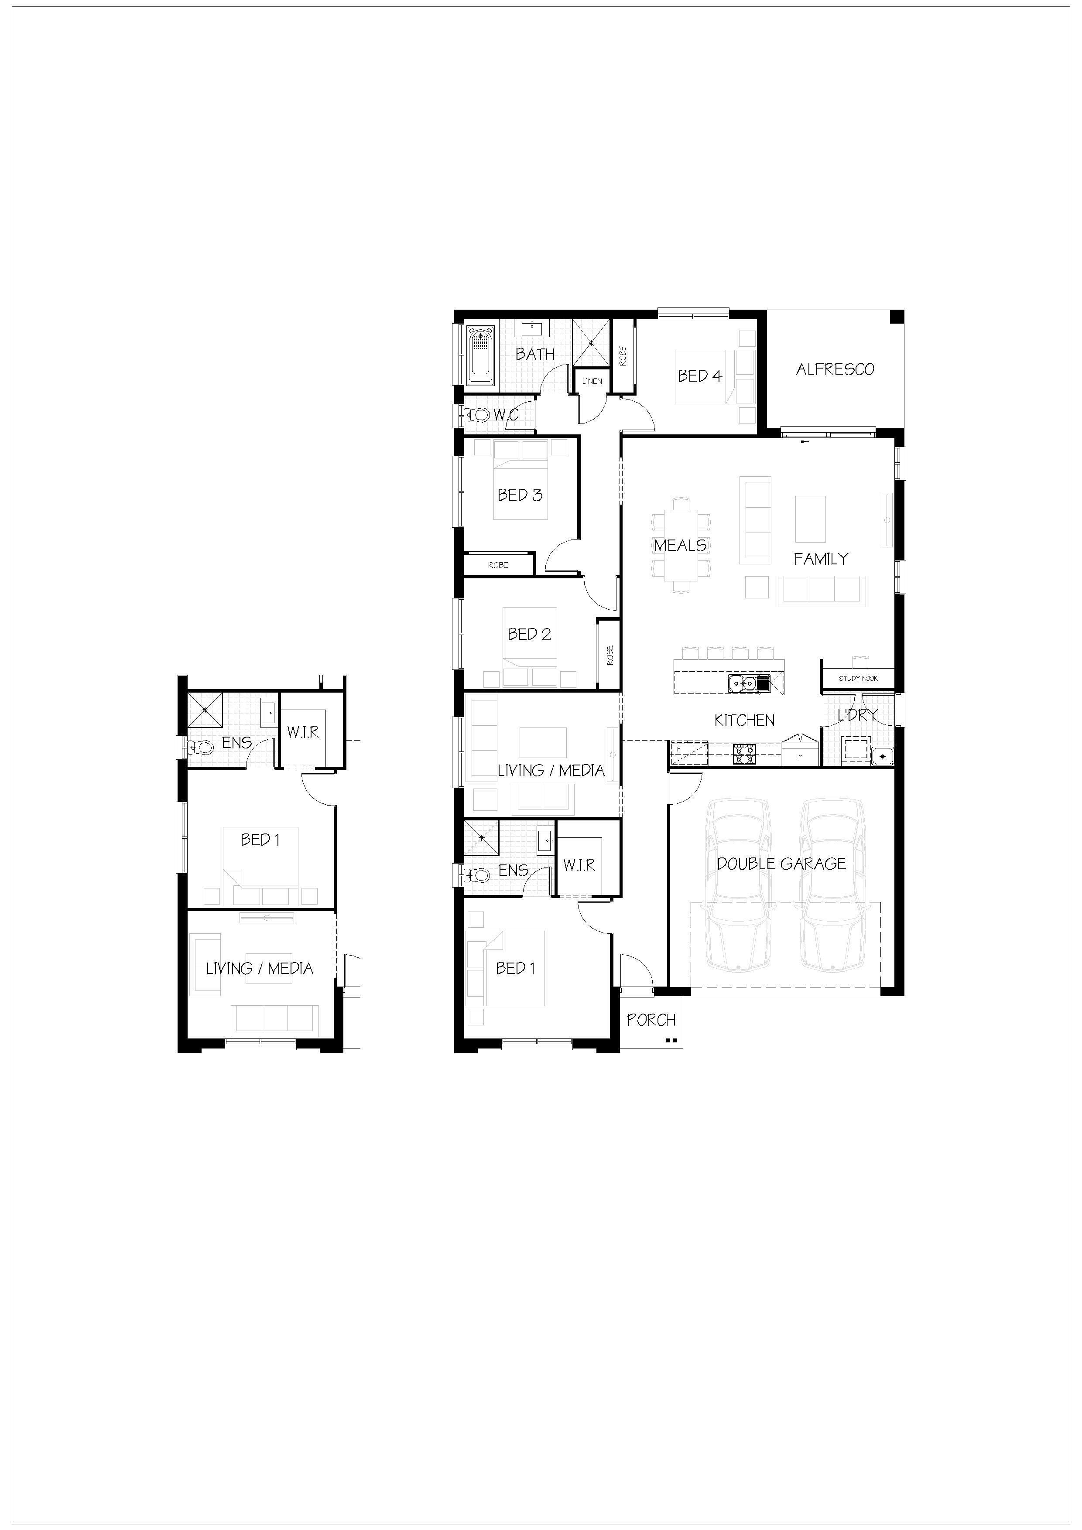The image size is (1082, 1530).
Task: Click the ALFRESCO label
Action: [835, 369]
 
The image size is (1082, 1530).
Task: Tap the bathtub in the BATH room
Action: [479, 355]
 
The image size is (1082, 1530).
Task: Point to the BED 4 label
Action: [700, 376]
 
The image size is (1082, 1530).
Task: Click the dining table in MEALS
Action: [681, 545]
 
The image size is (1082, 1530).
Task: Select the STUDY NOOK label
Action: [858, 678]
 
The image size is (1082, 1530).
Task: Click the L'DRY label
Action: [857, 715]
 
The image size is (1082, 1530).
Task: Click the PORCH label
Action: [651, 1020]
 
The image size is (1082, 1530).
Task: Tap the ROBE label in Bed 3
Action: [498, 565]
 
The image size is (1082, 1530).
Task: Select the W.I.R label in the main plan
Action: [579, 865]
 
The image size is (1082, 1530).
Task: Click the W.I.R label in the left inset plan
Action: [303, 732]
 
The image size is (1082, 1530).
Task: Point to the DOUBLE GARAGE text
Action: [781, 864]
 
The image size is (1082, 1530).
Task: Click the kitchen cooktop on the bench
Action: [744, 754]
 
